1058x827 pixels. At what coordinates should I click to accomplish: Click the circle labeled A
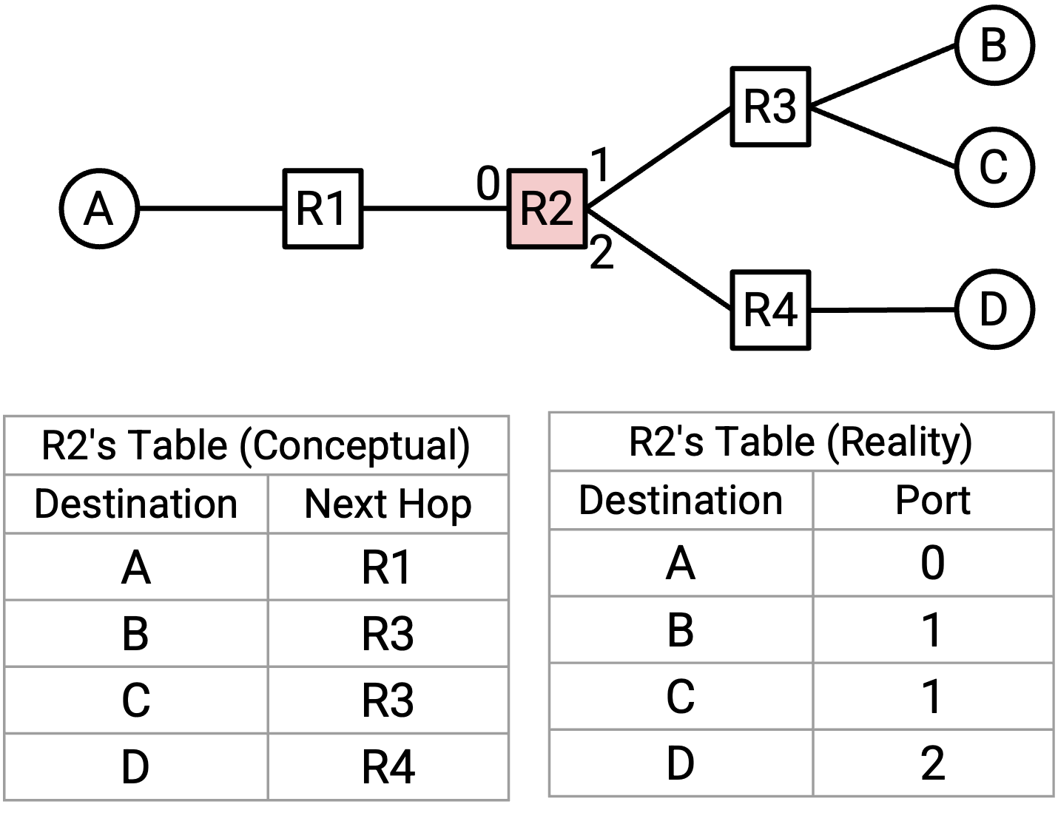pyautogui.click(x=99, y=209)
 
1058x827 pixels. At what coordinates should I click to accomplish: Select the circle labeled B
pyautogui.click(x=994, y=44)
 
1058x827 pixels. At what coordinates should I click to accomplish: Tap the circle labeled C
pyautogui.click(x=994, y=167)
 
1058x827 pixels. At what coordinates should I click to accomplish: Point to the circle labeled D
pyautogui.click(x=994, y=309)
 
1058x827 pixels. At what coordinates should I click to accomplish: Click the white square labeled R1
pyautogui.click(x=323, y=209)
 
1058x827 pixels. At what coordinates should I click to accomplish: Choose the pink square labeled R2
pyautogui.click(x=547, y=209)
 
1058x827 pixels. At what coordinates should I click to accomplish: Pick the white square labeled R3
pyautogui.click(x=770, y=107)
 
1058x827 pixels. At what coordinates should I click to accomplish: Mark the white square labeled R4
pyautogui.click(x=770, y=310)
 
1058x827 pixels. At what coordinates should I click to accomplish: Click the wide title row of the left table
pyautogui.click(x=257, y=445)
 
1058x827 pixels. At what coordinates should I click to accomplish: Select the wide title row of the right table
pyautogui.click(x=801, y=442)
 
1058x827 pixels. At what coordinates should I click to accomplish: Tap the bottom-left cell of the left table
pyautogui.click(x=136, y=766)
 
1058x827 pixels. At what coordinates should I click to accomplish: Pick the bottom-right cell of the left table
pyautogui.click(x=388, y=766)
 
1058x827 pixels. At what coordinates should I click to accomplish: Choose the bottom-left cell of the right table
pyautogui.click(x=681, y=763)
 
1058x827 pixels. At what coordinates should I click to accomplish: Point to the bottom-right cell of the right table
pyautogui.click(x=932, y=763)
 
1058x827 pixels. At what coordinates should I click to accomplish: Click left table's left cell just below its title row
pyautogui.click(x=136, y=504)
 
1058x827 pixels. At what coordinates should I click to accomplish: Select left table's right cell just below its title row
pyautogui.click(x=388, y=504)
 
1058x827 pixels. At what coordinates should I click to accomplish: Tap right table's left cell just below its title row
pyautogui.click(x=681, y=500)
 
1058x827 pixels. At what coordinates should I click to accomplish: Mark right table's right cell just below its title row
pyautogui.click(x=932, y=500)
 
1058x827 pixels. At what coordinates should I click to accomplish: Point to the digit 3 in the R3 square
pyautogui.click(x=784, y=107)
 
